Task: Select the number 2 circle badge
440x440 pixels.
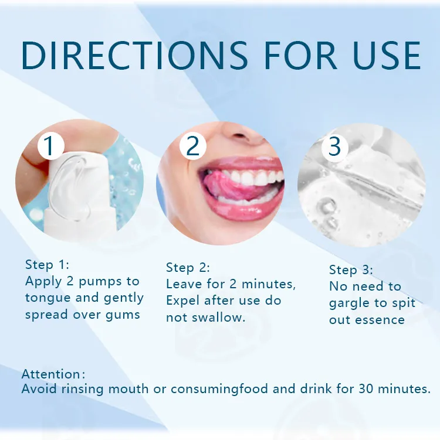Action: click(x=192, y=146)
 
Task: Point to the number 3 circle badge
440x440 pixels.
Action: click(x=334, y=146)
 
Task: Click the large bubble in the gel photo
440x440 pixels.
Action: click(x=327, y=207)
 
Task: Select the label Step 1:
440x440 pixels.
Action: click(x=47, y=264)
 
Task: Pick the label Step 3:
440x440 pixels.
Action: click(x=351, y=270)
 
